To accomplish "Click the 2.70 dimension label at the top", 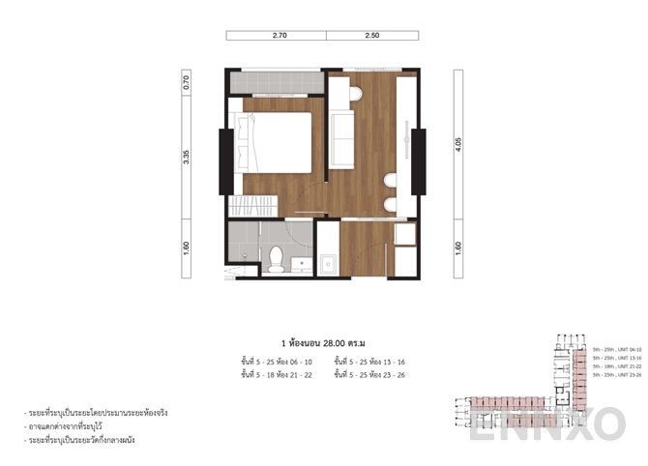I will [x=276, y=36].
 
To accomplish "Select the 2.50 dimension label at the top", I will [x=372, y=36].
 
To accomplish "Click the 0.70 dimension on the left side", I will [x=187, y=82].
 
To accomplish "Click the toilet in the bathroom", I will [x=276, y=257].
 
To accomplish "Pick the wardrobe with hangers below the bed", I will [x=252, y=206].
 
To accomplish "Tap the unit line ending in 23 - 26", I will [x=368, y=373].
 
